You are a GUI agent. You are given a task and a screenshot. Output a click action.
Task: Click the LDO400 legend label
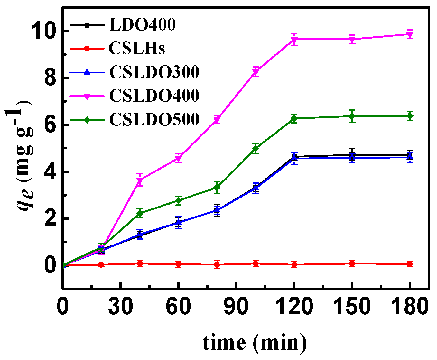pyautogui.click(x=143, y=25)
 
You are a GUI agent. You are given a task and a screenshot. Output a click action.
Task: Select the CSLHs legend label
pyautogui.click(x=137, y=49)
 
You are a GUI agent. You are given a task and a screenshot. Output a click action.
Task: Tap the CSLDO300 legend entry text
pyautogui.click(x=154, y=72)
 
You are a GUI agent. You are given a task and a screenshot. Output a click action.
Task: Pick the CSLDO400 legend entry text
pyautogui.click(x=154, y=96)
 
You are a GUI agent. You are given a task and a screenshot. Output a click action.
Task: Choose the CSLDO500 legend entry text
pyautogui.click(x=154, y=119)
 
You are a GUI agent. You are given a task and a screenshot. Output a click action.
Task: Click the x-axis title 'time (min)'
pyautogui.click(x=255, y=342)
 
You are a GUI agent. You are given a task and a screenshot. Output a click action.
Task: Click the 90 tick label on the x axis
pyautogui.click(x=237, y=307)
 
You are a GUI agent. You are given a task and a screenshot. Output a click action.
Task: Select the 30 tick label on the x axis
pyautogui.click(x=120, y=307)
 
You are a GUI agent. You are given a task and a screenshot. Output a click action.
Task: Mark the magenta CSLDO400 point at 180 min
pyautogui.click(x=410, y=34)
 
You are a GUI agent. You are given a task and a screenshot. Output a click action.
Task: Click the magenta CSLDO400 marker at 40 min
pyautogui.click(x=140, y=180)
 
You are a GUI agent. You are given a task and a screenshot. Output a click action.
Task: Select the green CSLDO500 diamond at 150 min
pyautogui.click(x=352, y=116)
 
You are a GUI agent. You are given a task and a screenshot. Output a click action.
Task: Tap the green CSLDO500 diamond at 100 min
pyautogui.click(x=256, y=149)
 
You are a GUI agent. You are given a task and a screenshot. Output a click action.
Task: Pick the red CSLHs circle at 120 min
pyautogui.click(x=294, y=264)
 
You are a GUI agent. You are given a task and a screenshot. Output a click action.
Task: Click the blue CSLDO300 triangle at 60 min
pyautogui.click(x=178, y=222)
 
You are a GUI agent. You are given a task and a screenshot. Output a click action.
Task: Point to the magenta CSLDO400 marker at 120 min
pyautogui.click(x=294, y=40)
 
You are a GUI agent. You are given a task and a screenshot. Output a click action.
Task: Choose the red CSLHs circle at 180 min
pyautogui.click(x=410, y=264)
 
